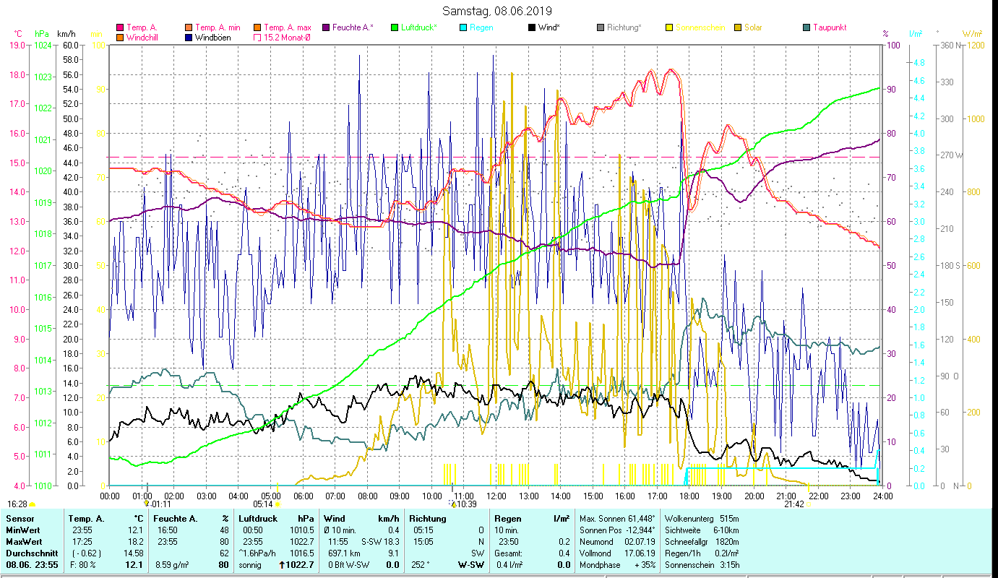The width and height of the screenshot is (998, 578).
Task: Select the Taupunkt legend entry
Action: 829,27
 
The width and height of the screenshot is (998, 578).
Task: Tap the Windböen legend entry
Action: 213,37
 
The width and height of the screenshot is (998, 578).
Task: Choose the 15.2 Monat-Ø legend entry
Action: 288,37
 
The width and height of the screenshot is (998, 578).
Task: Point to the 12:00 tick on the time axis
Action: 496,496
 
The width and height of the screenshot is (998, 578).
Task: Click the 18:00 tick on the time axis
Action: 689,496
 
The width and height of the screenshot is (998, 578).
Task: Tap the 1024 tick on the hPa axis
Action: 43,45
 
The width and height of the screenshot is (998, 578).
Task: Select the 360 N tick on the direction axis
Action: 946,45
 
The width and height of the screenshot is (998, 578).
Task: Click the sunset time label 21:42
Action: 794,504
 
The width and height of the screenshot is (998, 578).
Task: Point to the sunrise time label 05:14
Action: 262,504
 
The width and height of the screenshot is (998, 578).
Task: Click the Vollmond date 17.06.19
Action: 637,553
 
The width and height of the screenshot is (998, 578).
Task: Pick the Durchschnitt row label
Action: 27,553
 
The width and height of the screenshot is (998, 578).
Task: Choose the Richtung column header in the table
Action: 428,519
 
